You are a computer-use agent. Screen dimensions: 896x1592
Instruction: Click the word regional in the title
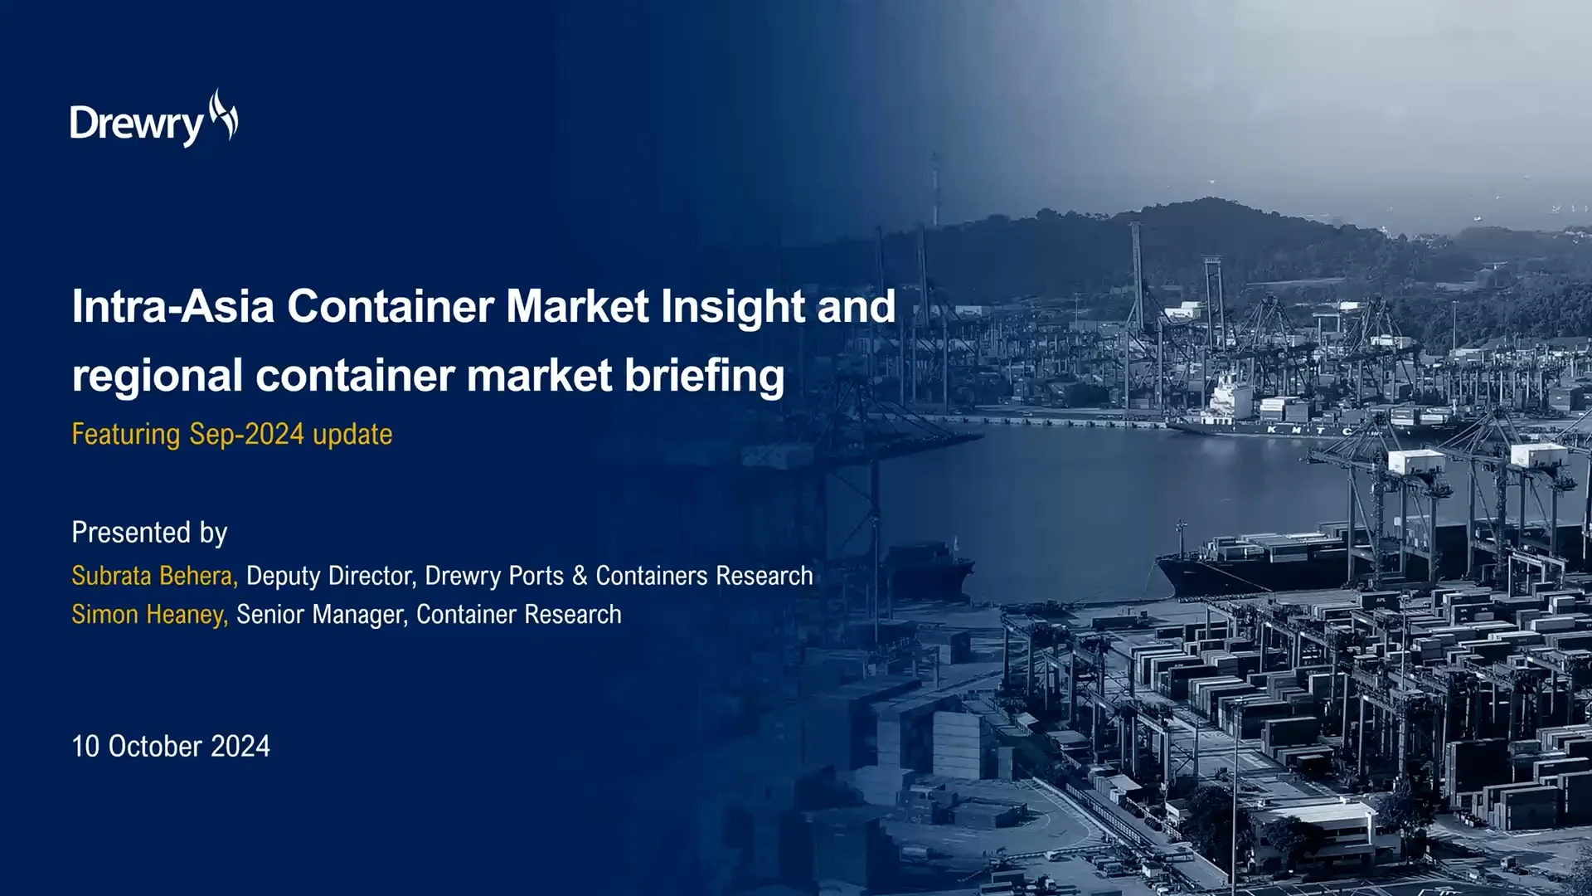click(x=157, y=375)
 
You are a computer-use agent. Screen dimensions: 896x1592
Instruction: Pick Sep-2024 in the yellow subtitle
click(x=246, y=434)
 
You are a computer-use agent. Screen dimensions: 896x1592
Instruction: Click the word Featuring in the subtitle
click(x=125, y=434)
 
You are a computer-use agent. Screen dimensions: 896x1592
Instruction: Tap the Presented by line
click(x=149, y=533)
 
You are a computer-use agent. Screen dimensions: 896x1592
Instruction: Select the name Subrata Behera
click(x=153, y=576)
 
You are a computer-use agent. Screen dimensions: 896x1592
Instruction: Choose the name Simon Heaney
click(x=148, y=615)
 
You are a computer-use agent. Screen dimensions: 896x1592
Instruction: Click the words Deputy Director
click(x=330, y=576)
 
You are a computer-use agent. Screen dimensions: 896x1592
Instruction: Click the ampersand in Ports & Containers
click(x=580, y=576)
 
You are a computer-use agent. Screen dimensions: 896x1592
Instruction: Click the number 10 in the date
click(x=85, y=747)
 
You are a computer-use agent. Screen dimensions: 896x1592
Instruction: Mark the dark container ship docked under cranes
click(x=1269, y=564)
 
